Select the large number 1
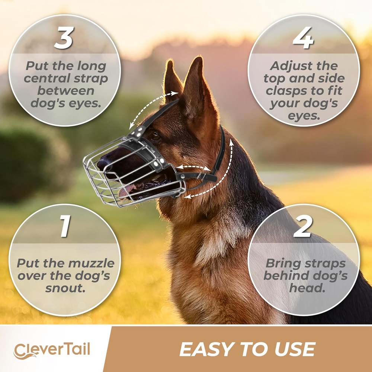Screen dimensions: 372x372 tap(65, 227)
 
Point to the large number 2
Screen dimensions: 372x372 tap(302, 227)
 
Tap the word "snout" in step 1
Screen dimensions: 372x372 tap(64, 288)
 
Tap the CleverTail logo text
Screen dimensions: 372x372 tap(52, 350)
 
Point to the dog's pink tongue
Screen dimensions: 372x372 tap(126, 190)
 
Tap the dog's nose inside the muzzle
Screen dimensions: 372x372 tap(102, 163)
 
